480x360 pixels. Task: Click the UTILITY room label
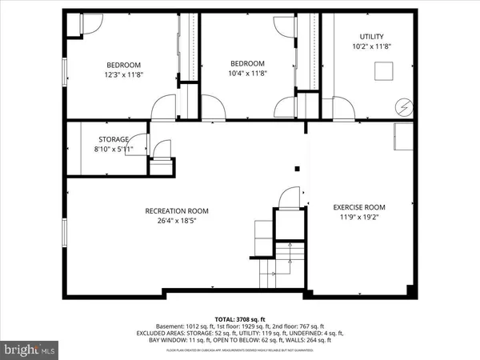[372, 37]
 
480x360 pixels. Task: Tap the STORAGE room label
[114, 138]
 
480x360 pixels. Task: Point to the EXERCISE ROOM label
[359, 207]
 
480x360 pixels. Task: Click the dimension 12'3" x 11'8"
[124, 75]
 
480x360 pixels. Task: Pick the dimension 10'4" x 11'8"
[247, 74]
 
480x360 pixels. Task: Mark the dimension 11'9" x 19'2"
[359, 218]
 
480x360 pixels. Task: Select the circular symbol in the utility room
[404, 104]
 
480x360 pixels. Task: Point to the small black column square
[298, 169]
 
